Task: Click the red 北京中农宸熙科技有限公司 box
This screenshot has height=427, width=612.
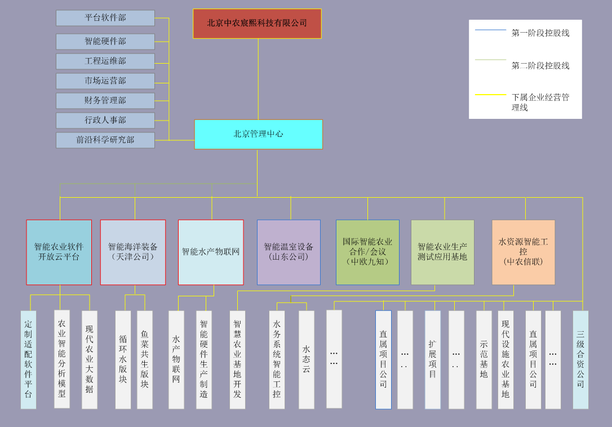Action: (x=257, y=23)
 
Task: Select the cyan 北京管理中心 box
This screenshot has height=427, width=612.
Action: (x=258, y=134)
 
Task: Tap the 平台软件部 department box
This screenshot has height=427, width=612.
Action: (x=105, y=18)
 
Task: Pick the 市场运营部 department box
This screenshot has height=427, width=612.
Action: (x=105, y=81)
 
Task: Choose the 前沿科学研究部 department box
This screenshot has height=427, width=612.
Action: (x=105, y=140)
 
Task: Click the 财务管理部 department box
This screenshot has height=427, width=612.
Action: (x=105, y=101)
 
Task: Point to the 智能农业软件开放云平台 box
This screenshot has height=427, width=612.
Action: (x=59, y=252)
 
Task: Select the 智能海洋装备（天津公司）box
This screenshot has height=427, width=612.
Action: (x=133, y=252)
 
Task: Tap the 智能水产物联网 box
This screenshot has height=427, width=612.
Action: (x=211, y=252)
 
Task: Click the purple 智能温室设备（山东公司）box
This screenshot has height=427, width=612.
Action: (x=289, y=252)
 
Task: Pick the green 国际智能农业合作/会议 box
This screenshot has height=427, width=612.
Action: (x=367, y=252)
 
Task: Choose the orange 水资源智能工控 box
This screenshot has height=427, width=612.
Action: (x=523, y=252)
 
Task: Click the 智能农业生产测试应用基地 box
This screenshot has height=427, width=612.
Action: (x=442, y=252)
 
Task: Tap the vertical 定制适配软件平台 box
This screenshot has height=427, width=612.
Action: (x=28, y=359)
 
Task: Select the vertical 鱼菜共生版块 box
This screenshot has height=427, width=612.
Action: (x=145, y=359)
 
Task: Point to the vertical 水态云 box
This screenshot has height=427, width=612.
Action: (x=307, y=359)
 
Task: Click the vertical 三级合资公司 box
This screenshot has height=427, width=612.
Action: (x=580, y=359)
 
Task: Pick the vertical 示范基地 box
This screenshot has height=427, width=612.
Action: (x=484, y=359)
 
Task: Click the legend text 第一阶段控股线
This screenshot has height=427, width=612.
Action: (x=540, y=33)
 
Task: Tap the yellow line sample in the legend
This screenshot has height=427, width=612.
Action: (x=490, y=95)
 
